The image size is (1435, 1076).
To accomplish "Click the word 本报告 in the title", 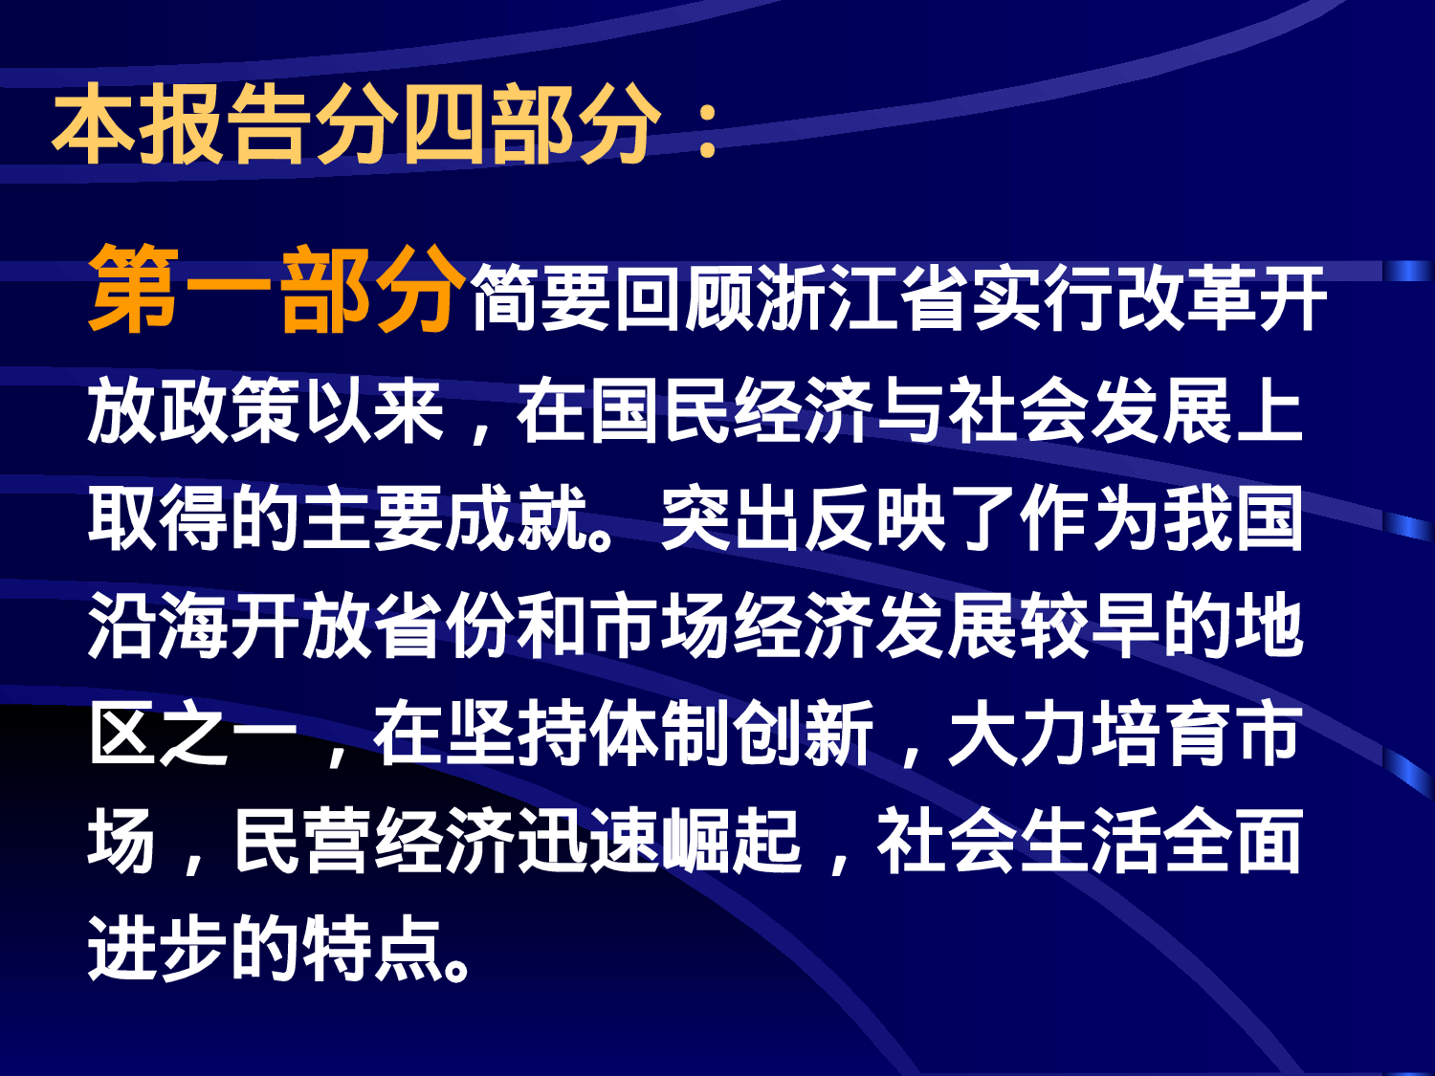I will coord(182,124).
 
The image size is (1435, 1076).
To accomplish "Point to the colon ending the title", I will coord(708,129).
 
